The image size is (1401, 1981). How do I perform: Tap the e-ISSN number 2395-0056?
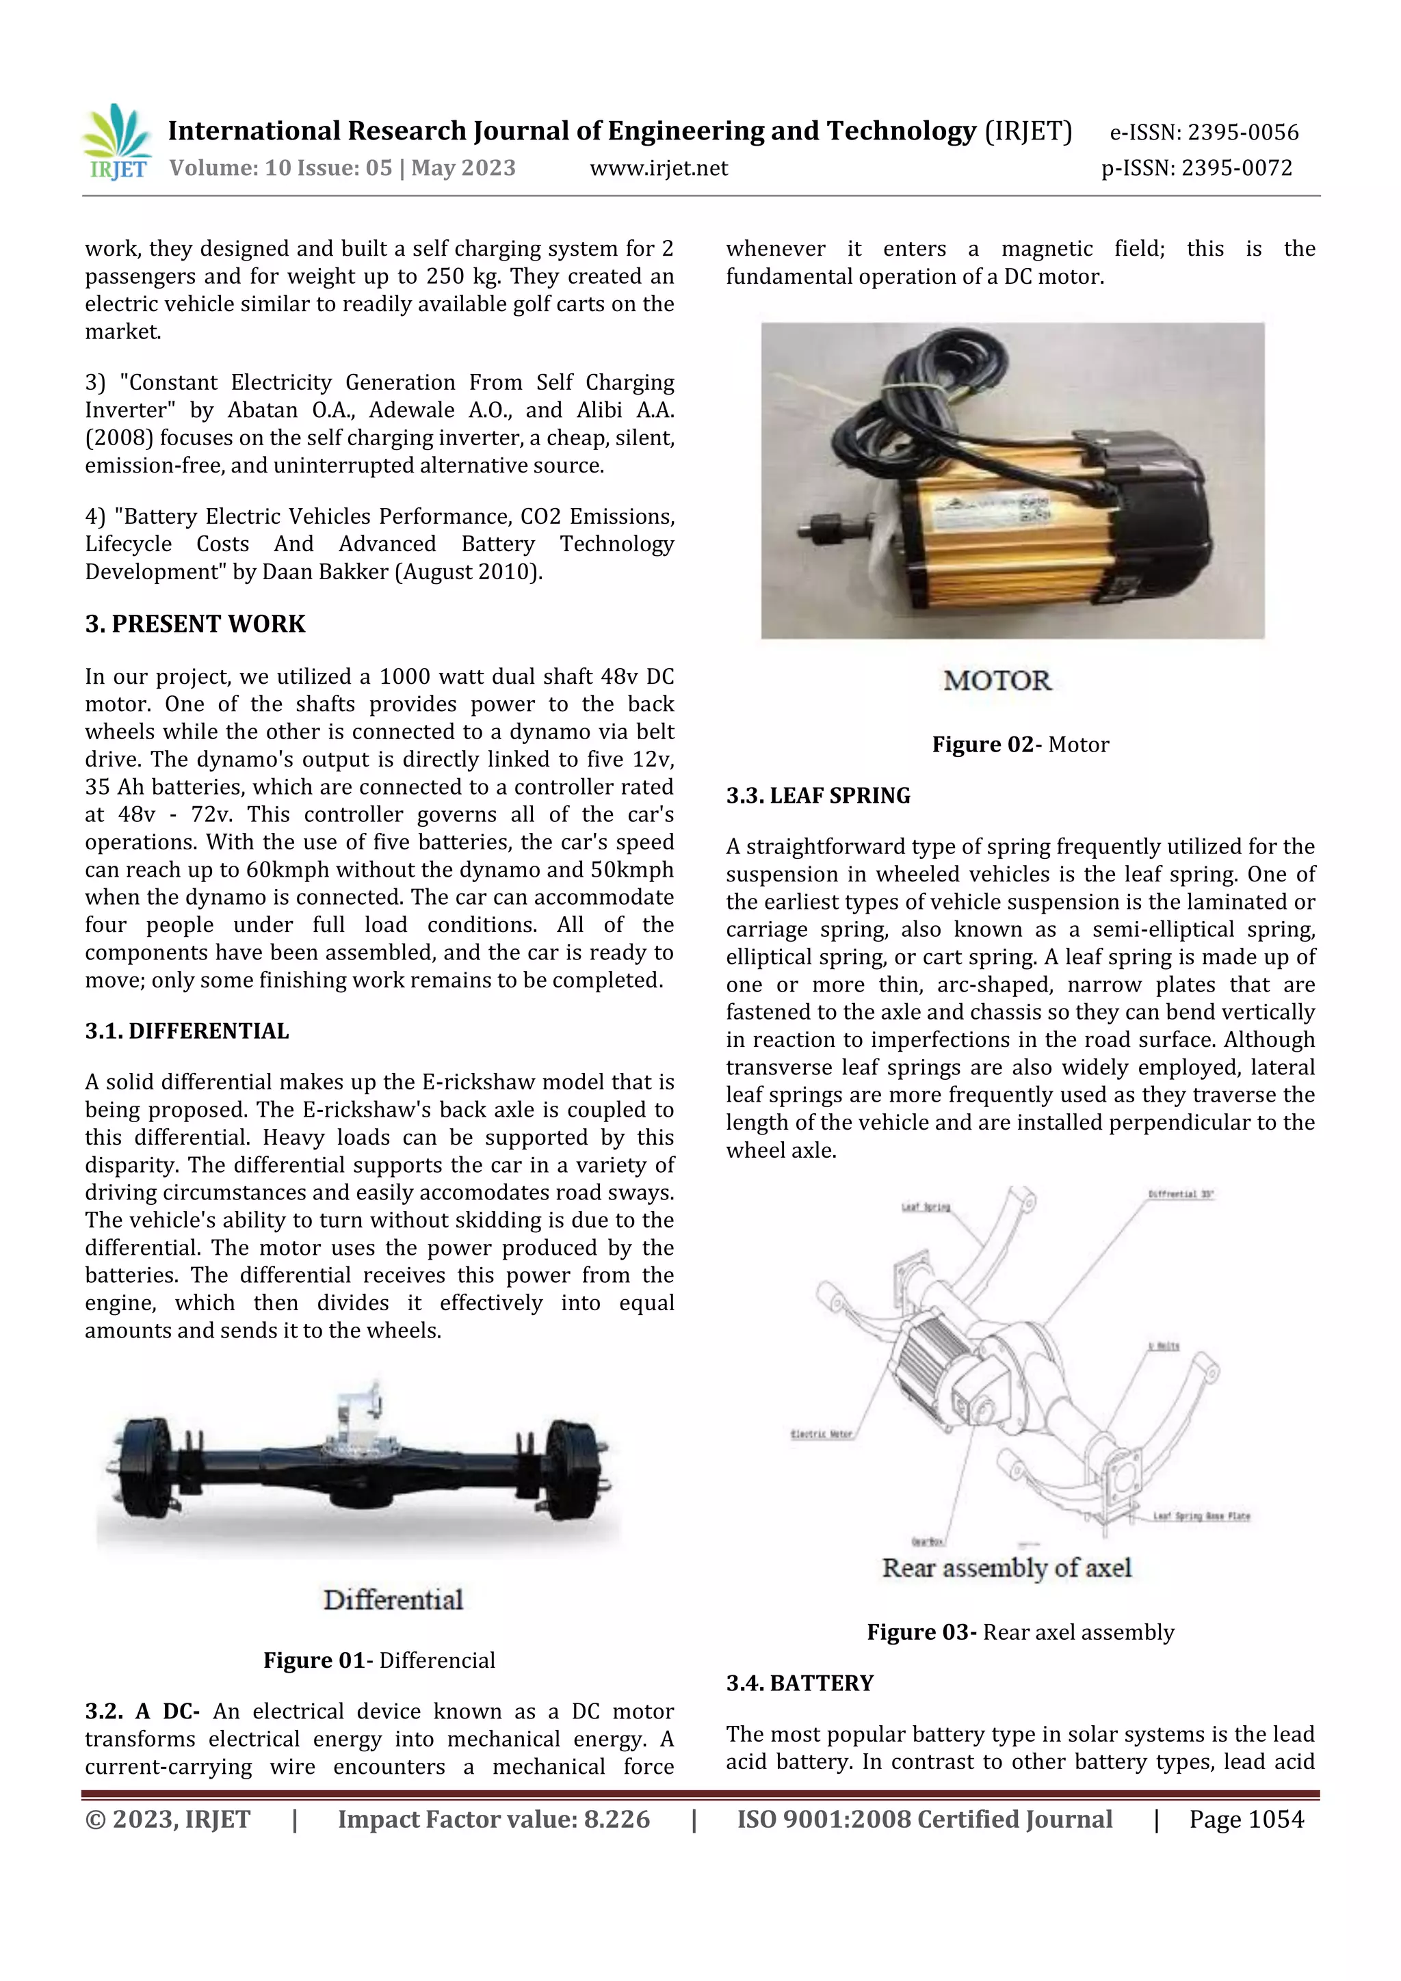click(x=1242, y=133)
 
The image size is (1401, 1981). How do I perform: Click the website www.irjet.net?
click(x=659, y=168)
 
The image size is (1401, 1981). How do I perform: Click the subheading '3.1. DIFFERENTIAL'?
click(x=187, y=1031)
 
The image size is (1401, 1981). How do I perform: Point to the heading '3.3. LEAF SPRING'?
click(x=817, y=795)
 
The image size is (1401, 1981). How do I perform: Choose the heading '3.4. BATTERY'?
click(x=799, y=1684)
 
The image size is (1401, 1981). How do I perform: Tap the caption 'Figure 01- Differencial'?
click(x=379, y=1661)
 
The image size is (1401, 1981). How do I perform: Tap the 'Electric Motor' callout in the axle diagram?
click(x=821, y=1434)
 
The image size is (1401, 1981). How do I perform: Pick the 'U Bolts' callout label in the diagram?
click(x=1164, y=1346)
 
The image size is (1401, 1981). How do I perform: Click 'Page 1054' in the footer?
click(x=1246, y=1820)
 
